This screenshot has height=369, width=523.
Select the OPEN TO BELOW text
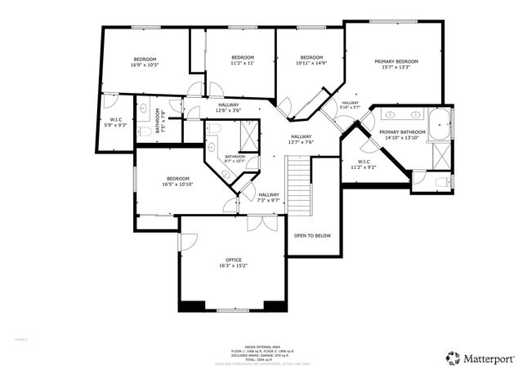pos(312,235)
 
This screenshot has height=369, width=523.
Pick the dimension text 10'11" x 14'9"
pos(311,63)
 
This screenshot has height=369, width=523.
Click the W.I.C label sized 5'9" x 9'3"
pos(116,123)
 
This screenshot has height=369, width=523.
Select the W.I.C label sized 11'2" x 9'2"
pos(364,163)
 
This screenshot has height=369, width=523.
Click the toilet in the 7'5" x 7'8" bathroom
pos(143,131)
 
